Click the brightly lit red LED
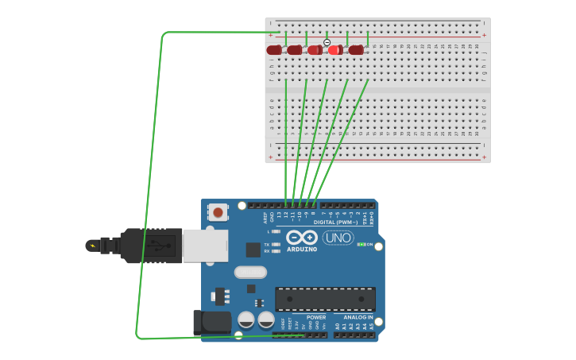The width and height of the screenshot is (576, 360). point(335,50)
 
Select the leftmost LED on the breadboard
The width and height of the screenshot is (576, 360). point(274,50)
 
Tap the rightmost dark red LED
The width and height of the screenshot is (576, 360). point(356,50)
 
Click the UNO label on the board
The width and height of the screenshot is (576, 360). point(338,238)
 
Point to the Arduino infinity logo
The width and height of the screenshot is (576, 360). point(302,238)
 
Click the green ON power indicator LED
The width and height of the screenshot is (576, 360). point(361,244)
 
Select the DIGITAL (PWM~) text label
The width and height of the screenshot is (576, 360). point(335,223)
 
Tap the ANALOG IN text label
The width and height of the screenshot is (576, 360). point(358,317)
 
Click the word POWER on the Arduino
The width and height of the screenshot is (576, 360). point(316,317)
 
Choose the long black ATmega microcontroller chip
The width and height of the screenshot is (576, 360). point(325,299)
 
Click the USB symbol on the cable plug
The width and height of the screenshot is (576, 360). point(159,246)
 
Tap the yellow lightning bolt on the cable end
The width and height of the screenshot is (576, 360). point(93,246)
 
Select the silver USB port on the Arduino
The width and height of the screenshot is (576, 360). point(205,246)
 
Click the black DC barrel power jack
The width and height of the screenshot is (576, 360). point(211,322)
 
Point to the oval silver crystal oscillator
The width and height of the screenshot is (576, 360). point(250,272)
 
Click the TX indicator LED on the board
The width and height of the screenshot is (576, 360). point(275,245)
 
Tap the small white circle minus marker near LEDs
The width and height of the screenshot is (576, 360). point(327,42)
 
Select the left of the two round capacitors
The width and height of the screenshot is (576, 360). point(246,319)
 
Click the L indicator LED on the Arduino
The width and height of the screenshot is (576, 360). point(275,231)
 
